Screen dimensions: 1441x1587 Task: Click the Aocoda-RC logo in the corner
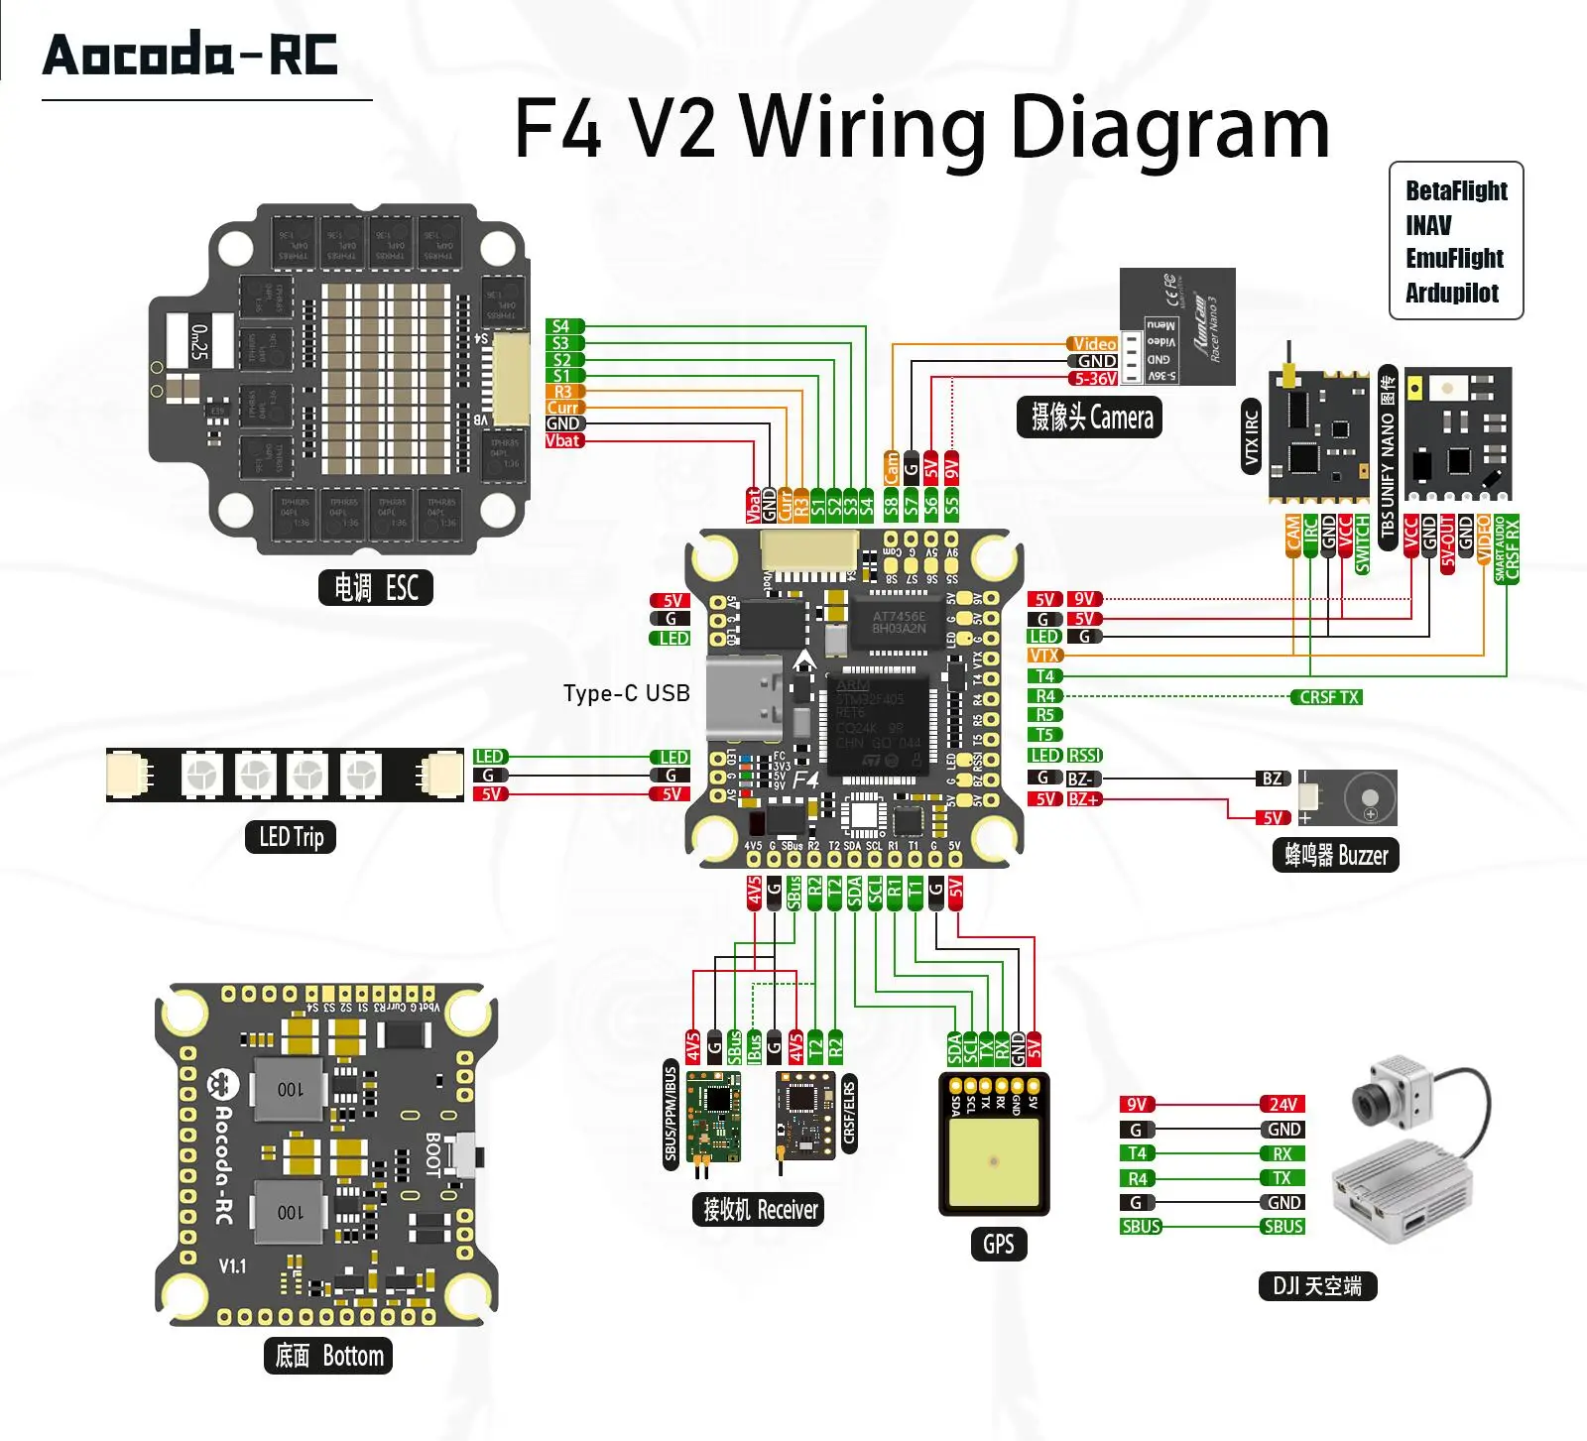pos(190,55)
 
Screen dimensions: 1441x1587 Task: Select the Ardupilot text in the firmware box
pos(1451,293)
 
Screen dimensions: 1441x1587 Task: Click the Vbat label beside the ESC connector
pos(563,440)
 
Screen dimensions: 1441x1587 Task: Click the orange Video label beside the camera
pos(1094,344)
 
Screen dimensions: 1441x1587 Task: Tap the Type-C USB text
pos(626,693)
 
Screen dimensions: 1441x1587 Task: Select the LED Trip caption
pos(291,837)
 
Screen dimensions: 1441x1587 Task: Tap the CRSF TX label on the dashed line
pos(1328,697)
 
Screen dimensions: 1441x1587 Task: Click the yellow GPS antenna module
pos(994,1160)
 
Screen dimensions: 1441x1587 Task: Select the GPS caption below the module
pos(998,1244)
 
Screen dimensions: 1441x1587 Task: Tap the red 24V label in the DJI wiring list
pos(1282,1104)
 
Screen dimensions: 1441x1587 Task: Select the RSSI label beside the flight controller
pos(1085,756)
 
